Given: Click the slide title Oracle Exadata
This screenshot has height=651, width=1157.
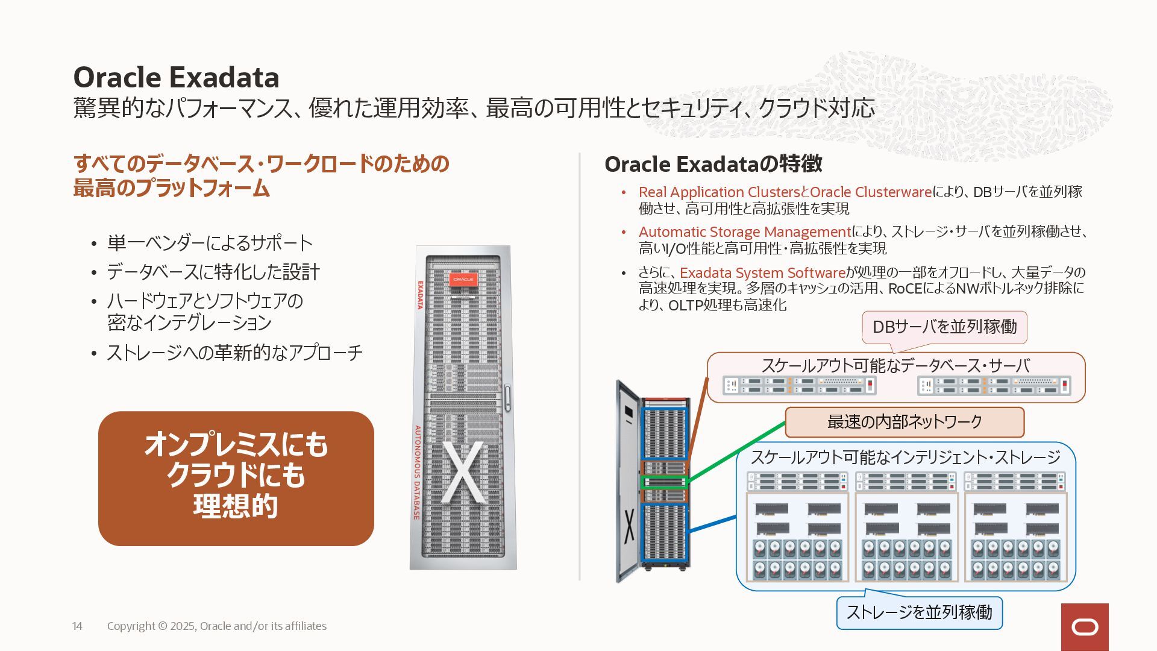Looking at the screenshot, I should (176, 78).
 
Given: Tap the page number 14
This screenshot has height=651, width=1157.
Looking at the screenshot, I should (77, 626).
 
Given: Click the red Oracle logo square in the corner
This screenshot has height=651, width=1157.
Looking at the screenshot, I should (1085, 627).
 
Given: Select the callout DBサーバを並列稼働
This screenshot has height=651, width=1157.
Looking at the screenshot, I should (944, 327).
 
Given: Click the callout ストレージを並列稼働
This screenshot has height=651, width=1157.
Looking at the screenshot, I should (919, 612).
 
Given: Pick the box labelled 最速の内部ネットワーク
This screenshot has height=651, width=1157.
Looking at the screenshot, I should (905, 422).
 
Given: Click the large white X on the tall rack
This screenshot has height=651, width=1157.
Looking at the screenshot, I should (463, 473).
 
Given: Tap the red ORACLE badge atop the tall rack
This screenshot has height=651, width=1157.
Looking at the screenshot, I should (463, 280).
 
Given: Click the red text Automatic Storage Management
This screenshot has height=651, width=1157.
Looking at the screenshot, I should (745, 232).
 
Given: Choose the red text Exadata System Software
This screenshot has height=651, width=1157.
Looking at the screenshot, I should (762, 273).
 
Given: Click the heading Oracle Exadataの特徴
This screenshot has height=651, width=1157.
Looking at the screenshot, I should (713, 164).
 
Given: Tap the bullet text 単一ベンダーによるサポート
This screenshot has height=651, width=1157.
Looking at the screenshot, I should (210, 243).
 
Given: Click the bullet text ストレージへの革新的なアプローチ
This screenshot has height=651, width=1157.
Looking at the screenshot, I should (234, 353).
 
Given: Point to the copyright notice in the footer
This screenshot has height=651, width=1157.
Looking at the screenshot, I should (217, 626).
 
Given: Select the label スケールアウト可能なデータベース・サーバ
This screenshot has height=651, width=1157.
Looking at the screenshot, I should (895, 366).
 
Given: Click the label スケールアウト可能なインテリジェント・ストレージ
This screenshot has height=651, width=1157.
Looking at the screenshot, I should (905, 458).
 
